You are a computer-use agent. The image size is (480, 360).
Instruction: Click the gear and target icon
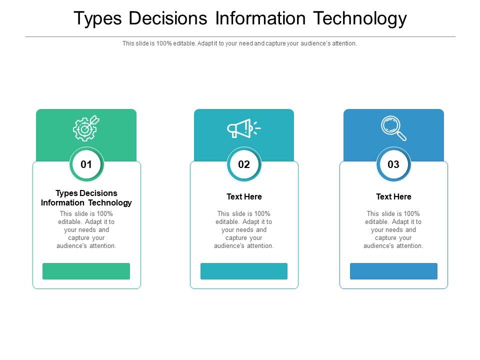pyautogui.click(x=86, y=128)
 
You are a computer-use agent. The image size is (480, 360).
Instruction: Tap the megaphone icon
pyautogui.click(x=243, y=128)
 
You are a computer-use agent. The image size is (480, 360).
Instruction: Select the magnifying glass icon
pyautogui.click(x=393, y=128)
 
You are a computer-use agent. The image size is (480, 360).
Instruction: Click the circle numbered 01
pyautogui.click(x=86, y=164)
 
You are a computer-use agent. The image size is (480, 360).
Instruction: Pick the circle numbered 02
pyautogui.click(x=244, y=164)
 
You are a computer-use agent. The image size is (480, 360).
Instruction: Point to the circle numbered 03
pyautogui.click(x=393, y=164)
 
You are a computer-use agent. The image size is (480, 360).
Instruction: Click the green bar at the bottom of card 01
pyautogui.click(x=86, y=271)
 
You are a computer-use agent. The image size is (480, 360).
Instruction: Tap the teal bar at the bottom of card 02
pyautogui.click(x=244, y=271)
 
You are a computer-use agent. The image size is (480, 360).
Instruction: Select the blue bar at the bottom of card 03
pyautogui.click(x=393, y=271)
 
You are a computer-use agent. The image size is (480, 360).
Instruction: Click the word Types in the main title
pyautogui.click(x=97, y=18)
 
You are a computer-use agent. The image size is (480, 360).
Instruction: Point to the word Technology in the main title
pyautogui.click(x=360, y=18)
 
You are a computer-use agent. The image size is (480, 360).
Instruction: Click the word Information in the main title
pyautogui.click(x=260, y=18)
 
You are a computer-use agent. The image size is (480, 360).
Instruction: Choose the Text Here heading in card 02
pyautogui.click(x=244, y=196)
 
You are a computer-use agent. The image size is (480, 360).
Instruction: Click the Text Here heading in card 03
pyautogui.click(x=393, y=196)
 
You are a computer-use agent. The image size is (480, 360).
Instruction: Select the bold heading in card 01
pyautogui.click(x=86, y=198)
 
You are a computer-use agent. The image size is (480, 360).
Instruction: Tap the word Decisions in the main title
pyautogui.click(x=168, y=18)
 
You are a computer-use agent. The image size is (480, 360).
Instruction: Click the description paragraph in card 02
pyautogui.click(x=244, y=229)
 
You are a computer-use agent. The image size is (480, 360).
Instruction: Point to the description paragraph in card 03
pyautogui.click(x=393, y=229)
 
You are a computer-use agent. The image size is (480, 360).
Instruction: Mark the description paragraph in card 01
pyautogui.click(x=86, y=229)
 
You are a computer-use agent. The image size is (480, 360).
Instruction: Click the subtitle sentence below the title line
pyautogui.click(x=240, y=43)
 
